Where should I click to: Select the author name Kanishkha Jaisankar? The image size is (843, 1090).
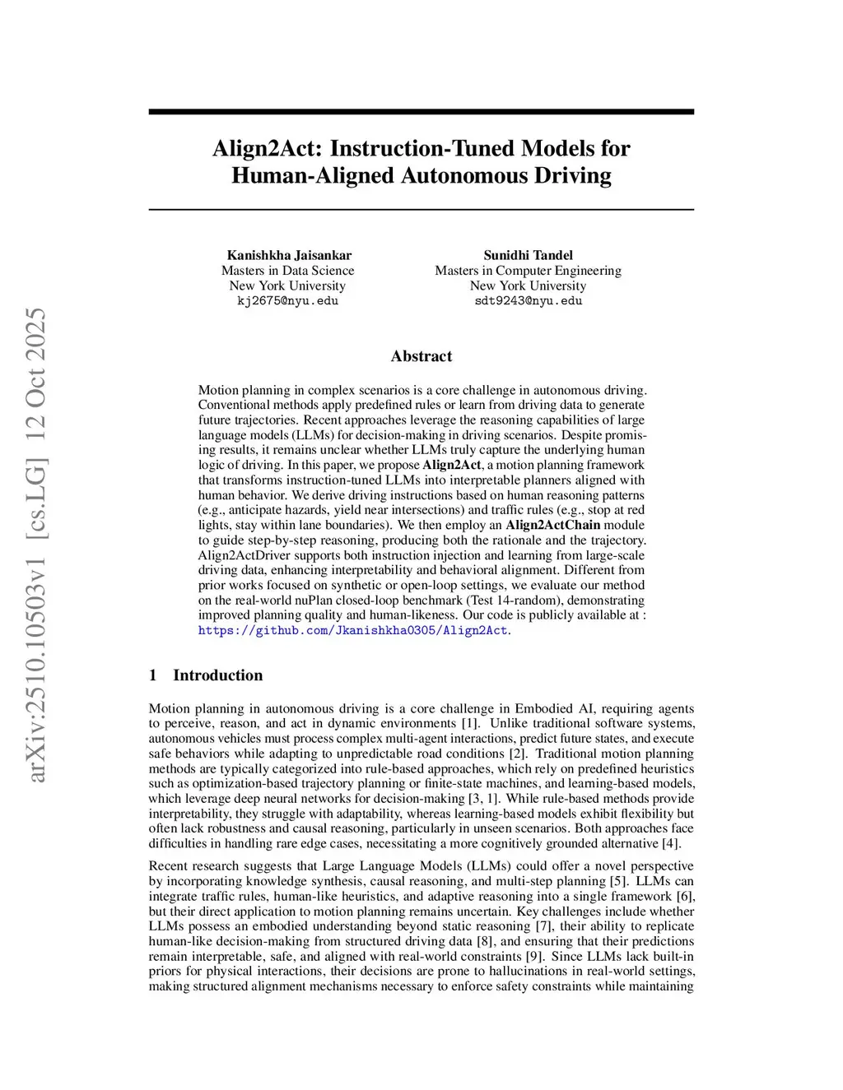coord(289,255)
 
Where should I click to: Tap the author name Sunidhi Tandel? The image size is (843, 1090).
coord(528,255)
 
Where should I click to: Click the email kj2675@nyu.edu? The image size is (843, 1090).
coord(287,301)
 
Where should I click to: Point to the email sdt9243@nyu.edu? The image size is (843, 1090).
coord(528,301)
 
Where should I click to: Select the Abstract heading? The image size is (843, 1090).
coord(421,356)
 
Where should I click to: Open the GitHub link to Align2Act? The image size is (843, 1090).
coord(353,630)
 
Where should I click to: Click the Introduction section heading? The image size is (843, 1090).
coord(217,675)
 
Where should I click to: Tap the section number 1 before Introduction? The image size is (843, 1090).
coord(153,675)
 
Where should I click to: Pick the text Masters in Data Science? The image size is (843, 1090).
coord(287,271)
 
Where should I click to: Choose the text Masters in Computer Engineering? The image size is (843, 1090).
coord(528,271)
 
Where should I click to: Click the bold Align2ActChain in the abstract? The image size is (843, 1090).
coord(552,525)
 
